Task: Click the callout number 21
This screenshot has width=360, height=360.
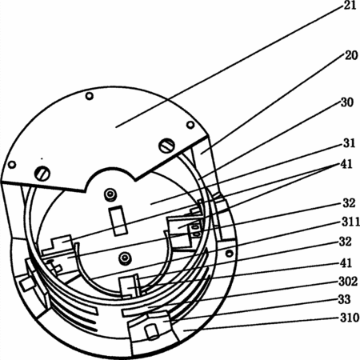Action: [350, 5]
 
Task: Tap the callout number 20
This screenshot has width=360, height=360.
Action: [351, 55]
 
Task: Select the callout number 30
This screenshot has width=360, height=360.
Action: [347, 102]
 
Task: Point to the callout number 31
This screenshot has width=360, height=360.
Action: [349, 143]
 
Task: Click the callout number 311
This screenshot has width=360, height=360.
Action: [350, 222]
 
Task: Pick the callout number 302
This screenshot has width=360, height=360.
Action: [348, 282]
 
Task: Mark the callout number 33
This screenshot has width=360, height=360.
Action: [344, 299]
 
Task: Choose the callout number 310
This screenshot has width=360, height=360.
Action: [350, 318]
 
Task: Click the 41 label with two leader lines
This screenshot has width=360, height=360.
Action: [346, 164]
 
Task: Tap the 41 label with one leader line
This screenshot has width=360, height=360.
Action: [346, 263]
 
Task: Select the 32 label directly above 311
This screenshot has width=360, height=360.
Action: [349, 203]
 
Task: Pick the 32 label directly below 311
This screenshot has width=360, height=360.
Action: [346, 242]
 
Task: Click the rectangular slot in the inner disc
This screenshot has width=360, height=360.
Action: [118, 221]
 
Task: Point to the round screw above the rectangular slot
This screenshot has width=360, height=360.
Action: [110, 194]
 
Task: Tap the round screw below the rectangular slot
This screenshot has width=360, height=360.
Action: [124, 258]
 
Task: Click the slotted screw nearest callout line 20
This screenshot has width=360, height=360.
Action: [166, 146]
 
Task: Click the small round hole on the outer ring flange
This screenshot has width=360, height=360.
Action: [229, 253]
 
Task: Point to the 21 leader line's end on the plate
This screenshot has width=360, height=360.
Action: [116, 127]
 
